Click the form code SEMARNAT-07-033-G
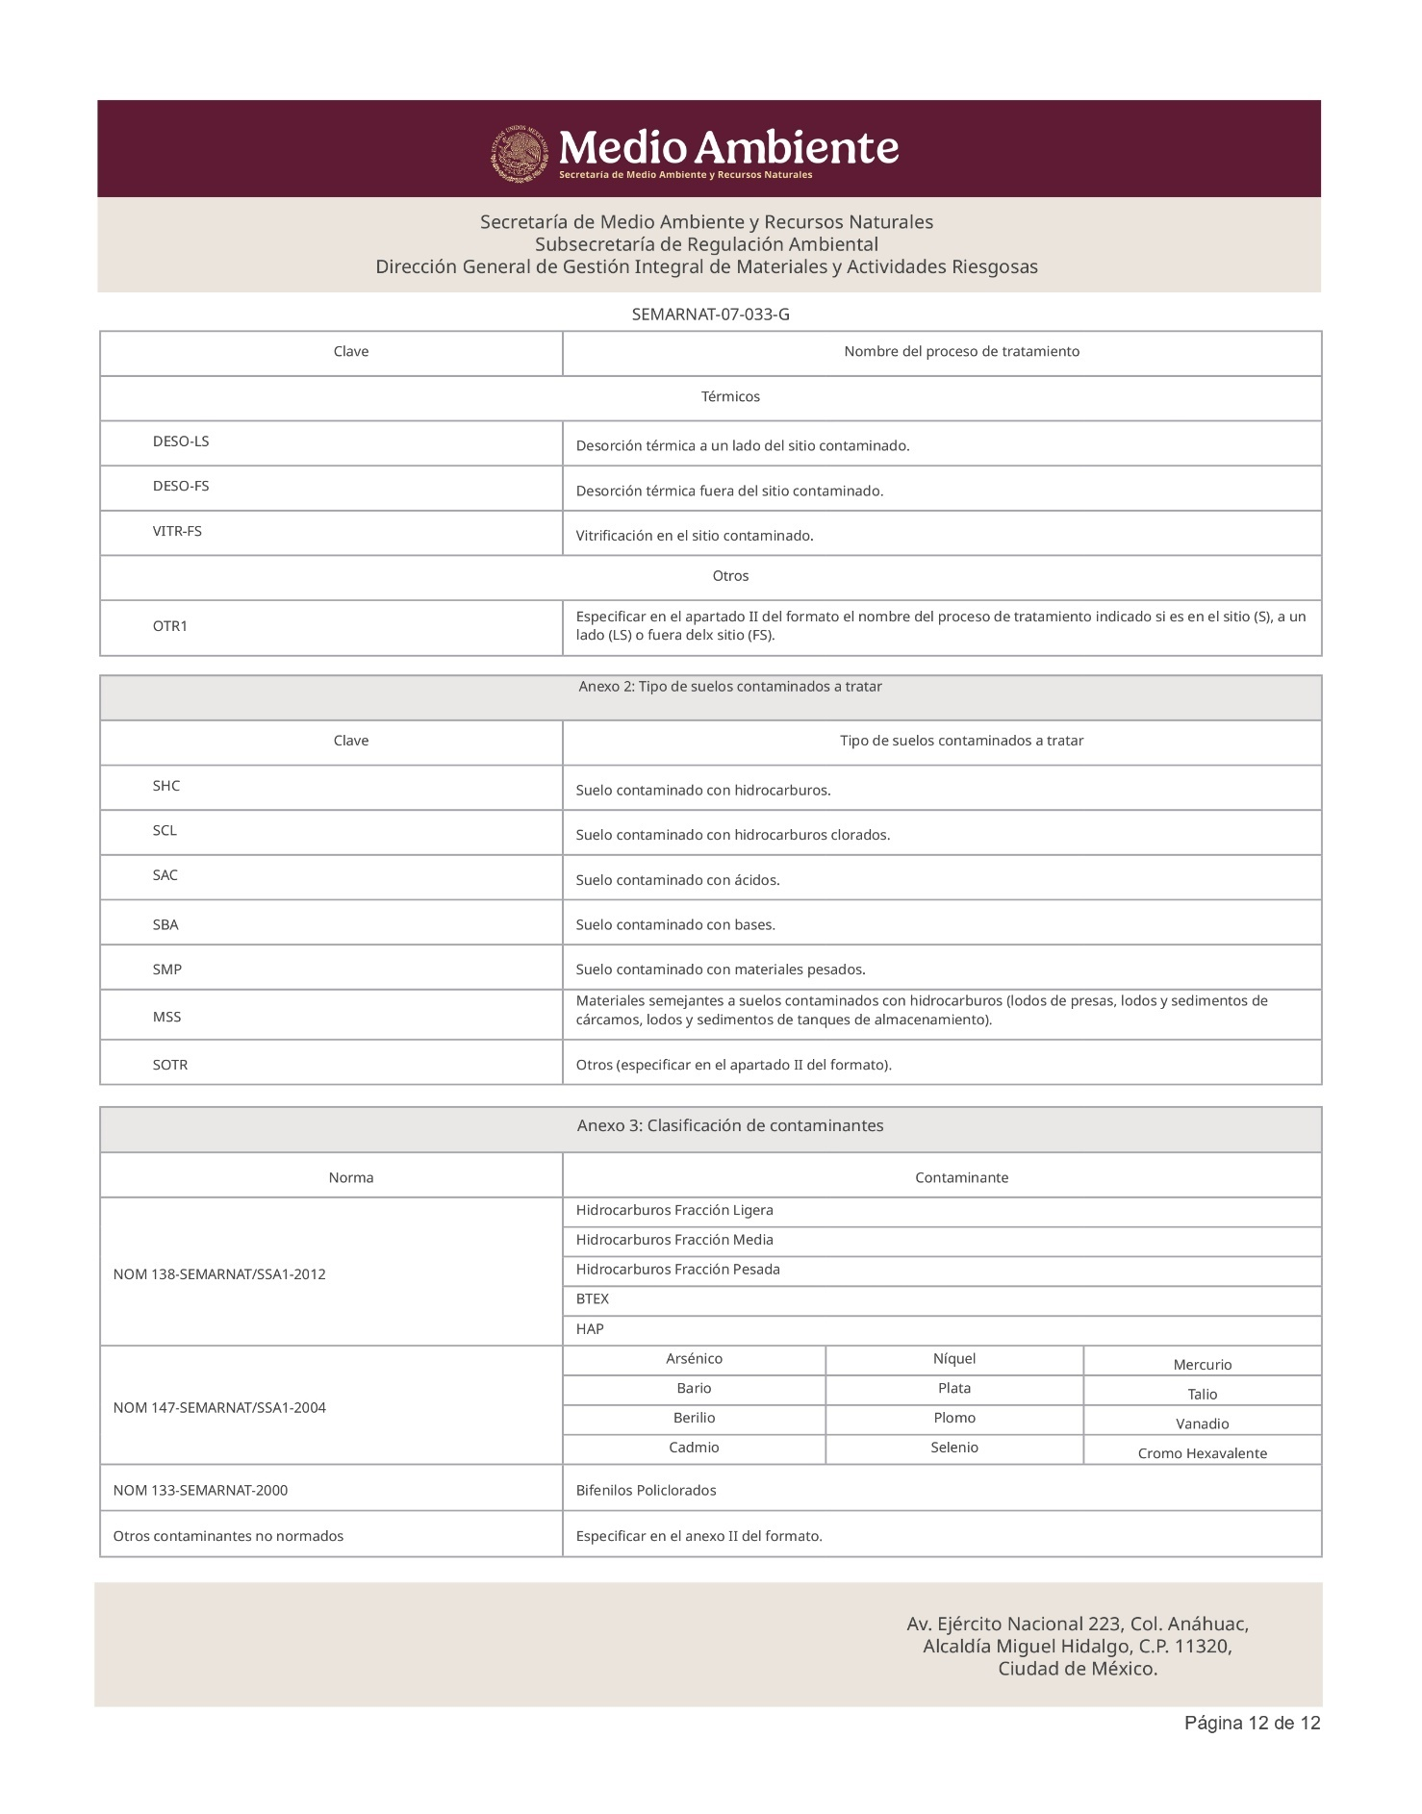coord(710,315)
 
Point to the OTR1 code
coord(170,626)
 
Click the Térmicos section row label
coord(730,396)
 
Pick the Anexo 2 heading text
coord(729,687)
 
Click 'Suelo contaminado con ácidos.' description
coord(677,880)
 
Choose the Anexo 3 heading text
coord(729,1125)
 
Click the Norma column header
coord(351,1177)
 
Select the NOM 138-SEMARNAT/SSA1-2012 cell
coord(219,1274)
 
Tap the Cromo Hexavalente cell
coord(1202,1453)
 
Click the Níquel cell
coord(954,1359)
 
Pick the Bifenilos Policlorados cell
coord(646,1490)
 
